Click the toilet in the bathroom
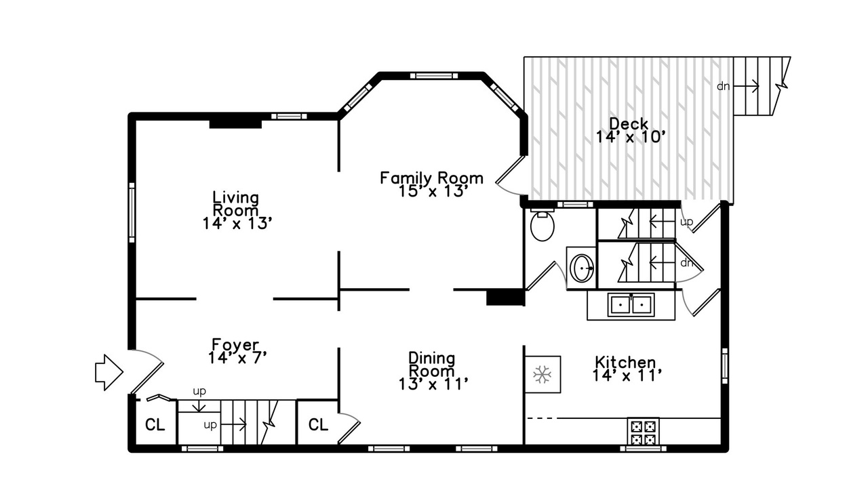pyautogui.click(x=542, y=226)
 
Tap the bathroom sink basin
pyautogui.click(x=581, y=268)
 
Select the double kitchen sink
pyautogui.click(x=631, y=305)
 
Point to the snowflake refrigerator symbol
pyautogui.click(x=542, y=375)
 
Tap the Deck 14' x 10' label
pyautogui.click(x=631, y=131)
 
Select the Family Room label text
pyautogui.click(x=432, y=178)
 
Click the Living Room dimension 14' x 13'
pyautogui.click(x=237, y=224)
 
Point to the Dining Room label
pyautogui.click(x=432, y=365)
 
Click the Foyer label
pyautogui.click(x=235, y=344)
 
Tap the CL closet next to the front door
pyautogui.click(x=155, y=425)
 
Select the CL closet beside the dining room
pyautogui.click(x=318, y=425)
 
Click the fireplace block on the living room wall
pyautogui.click(x=235, y=124)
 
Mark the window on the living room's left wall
pyautogui.click(x=132, y=213)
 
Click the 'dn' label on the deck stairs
pyautogui.click(x=723, y=86)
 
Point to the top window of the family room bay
pyautogui.click(x=434, y=76)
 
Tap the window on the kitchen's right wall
pyautogui.click(x=725, y=365)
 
